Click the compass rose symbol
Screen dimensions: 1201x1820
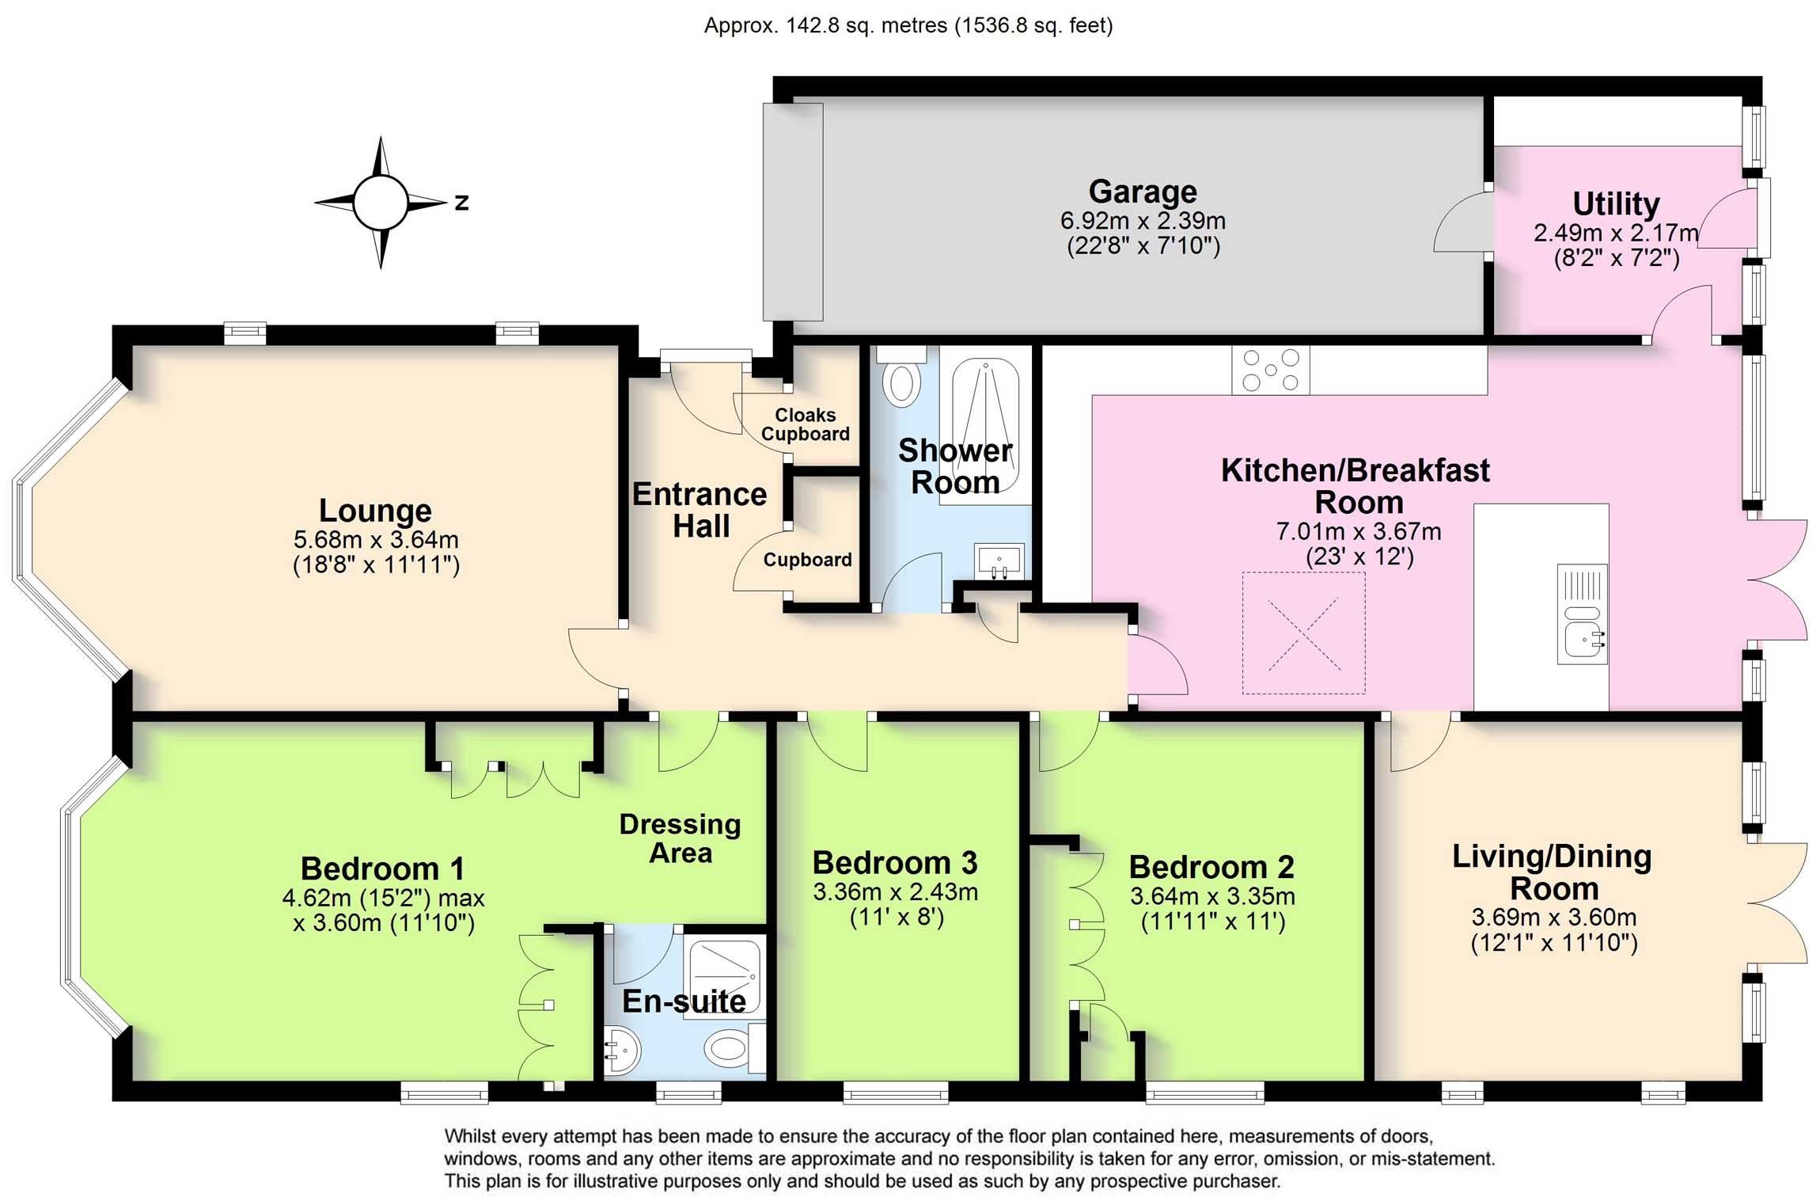pyautogui.click(x=381, y=203)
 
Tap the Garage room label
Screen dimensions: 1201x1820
pyautogui.click(x=1142, y=192)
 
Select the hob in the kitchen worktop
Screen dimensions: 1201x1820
pyautogui.click(x=1269, y=371)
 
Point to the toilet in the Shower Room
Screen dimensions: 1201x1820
pyautogui.click(x=901, y=378)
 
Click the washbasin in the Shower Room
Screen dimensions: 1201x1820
pyautogui.click(x=999, y=561)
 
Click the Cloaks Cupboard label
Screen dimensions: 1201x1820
pyautogui.click(x=805, y=424)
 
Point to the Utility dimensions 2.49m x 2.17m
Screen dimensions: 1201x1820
pyautogui.click(x=1615, y=234)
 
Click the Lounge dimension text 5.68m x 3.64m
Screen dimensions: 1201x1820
pyautogui.click(x=376, y=540)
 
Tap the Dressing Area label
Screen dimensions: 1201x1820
pyautogui.click(x=680, y=838)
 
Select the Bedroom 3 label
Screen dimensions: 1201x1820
pyautogui.click(x=894, y=863)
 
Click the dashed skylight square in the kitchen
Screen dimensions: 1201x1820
pyautogui.click(x=1303, y=633)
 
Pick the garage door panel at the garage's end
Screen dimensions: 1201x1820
pyautogui.click(x=792, y=211)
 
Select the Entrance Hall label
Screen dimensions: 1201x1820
pyautogui.click(x=700, y=510)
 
